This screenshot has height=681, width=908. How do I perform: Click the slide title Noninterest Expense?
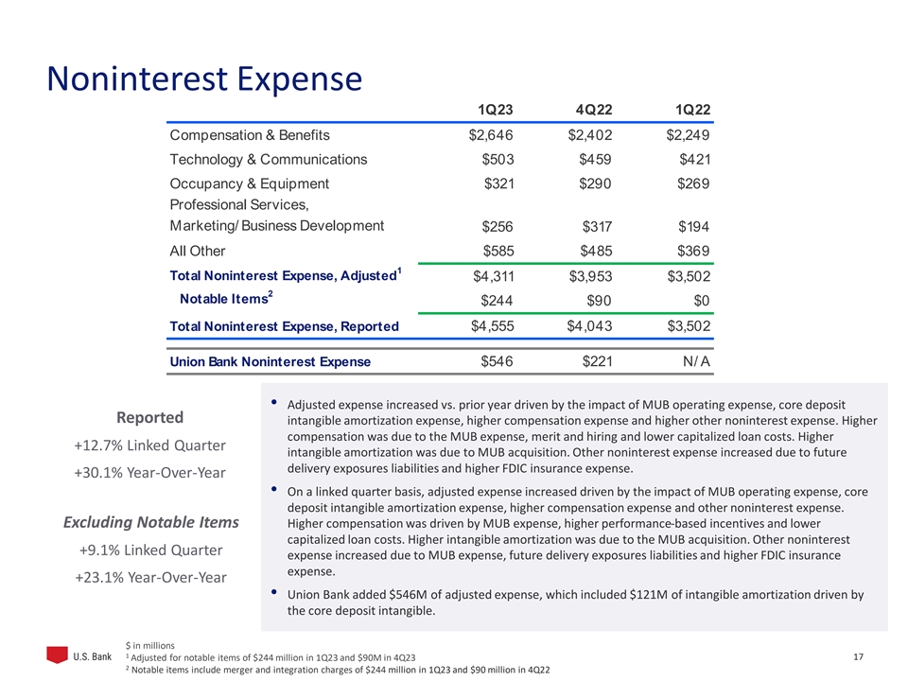click(x=204, y=79)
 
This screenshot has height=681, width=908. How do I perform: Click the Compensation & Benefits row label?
click(x=249, y=135)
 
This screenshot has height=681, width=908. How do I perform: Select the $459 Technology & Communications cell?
click(x=593, y=159)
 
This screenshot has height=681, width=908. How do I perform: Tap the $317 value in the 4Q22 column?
click(x=593, y=226)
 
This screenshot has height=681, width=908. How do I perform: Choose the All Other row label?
click(x=198, y=252)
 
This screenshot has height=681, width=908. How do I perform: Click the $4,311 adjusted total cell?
click(x=493, y=276)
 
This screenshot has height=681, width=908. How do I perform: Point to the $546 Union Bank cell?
click(x=498, y=360)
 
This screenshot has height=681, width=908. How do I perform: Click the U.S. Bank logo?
click(x=79, y=656)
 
